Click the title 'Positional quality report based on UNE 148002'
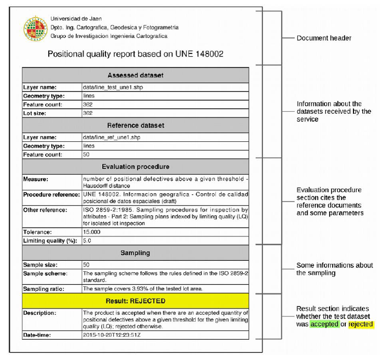click(x=135, y=54)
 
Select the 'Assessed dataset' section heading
click(x=135, y=75)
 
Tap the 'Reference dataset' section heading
click(x=135, y=125)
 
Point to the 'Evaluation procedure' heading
click(x=135, y=167)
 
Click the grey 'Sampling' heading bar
click(x=135, y=253)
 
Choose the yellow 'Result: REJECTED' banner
click(x=135, y=301)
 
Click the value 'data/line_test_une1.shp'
click(x=113, y=87)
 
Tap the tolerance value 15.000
click(x=92, y=232)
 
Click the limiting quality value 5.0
click(x=87, y=241)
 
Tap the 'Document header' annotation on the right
click(x=324, y=38)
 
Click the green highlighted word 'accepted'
click(x=324, y=325)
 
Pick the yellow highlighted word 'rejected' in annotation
click(x=360, y=325)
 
